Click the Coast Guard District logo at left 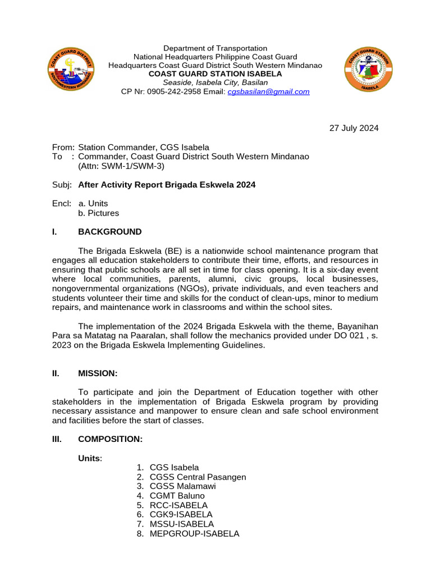(x=70, y=71)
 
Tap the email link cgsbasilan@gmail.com (x=268, y=92)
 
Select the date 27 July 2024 (x=354, y=128)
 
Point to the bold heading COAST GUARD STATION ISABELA (x=215, y=74)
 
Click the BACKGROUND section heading (x=110, y=232)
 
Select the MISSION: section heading (x=98, y=373)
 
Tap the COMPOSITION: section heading (x=110, y=440)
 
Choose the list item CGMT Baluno (x=177, y=496)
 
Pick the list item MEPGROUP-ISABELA (x=194, y=534)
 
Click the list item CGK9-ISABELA (x=181, y=514)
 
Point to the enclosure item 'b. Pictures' (x=99, y=213)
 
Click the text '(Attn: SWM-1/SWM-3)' (x=121, y=166)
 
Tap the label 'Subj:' (x=62, y=184)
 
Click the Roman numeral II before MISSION (x=56, y=373)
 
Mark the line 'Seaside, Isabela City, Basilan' (x=215, y=83)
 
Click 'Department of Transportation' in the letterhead (x=215, y=48)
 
